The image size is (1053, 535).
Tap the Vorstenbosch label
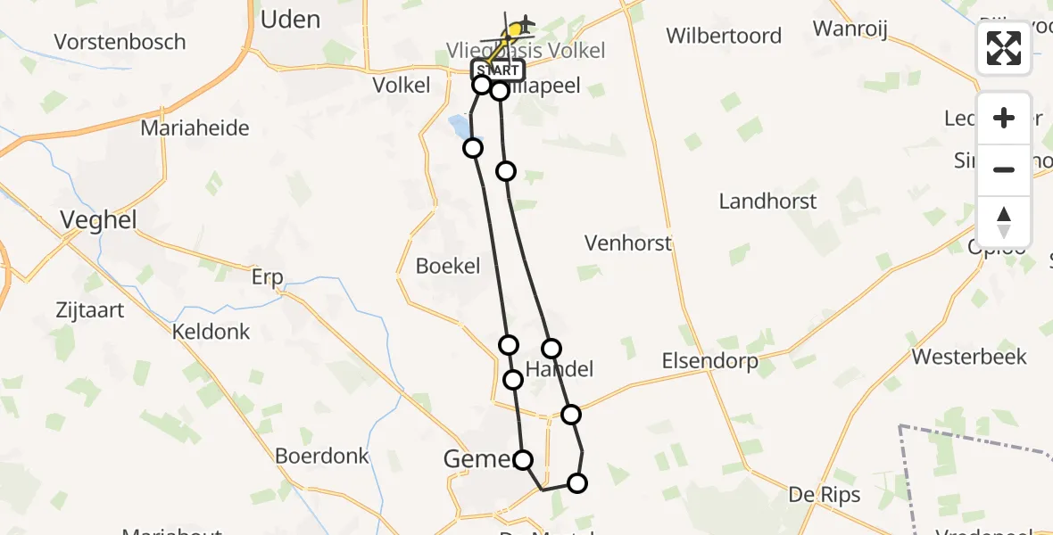(120, 42)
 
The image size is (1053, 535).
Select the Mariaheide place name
(195, 128)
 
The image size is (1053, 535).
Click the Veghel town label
(98, 220)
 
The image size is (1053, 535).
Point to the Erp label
(267, 277)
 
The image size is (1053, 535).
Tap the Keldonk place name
(211, 332)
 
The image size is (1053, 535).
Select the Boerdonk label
(322, 456)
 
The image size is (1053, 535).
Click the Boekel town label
(448, 266)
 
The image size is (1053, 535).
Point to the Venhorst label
(628, 243)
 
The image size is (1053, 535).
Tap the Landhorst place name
(767, 202)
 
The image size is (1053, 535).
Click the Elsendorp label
(709, 361)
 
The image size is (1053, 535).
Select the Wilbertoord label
(724, 37)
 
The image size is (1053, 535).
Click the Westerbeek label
(969, 357)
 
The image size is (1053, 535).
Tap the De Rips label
(825, 495)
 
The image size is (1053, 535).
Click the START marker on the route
(497, 70)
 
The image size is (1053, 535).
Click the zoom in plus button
(1004, 118)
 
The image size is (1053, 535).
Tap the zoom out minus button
(1004, 169)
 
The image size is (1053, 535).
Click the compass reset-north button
(1004, 222)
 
